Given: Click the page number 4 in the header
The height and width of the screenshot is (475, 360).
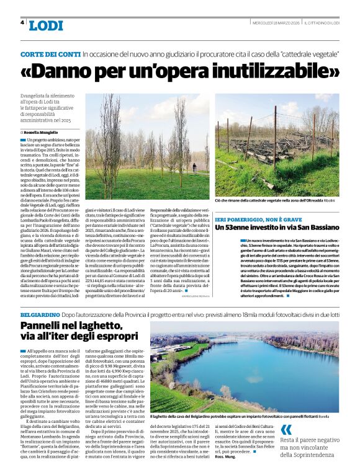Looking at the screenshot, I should coord(23,22).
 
